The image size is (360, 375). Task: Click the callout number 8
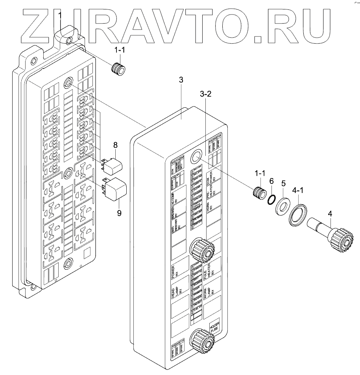(116, 145)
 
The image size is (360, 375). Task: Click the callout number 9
(119, 213)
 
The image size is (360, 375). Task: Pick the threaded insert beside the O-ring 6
(259, 194)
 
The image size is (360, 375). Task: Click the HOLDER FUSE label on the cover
(215, 326)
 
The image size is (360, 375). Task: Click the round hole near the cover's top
(196, 158)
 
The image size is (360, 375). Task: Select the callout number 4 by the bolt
(330, 214)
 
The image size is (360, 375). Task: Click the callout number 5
(282, 184)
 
